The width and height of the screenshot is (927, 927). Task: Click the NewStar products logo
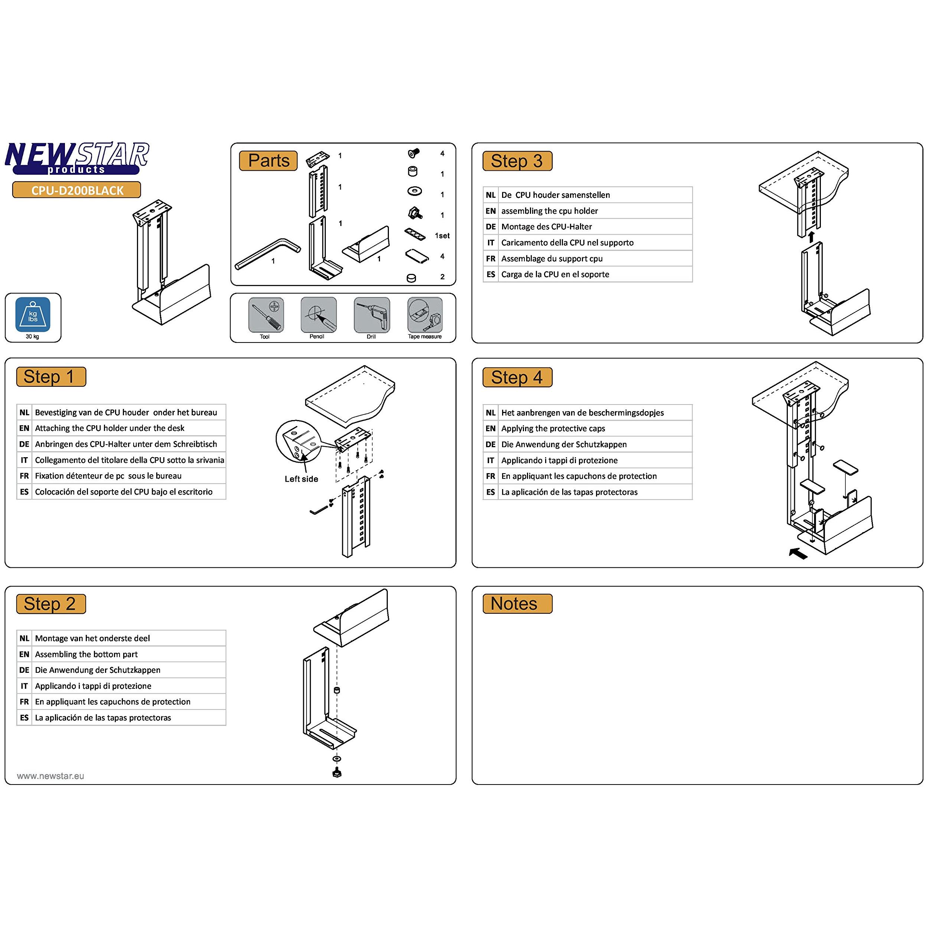point(77,158)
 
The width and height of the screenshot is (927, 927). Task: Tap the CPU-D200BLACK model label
point(77,190)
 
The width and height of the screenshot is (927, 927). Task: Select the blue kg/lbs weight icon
point(33,315)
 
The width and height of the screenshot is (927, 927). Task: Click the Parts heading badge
point(269,161)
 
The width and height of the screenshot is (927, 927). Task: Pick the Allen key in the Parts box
point(268,254)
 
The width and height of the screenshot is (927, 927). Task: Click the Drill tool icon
point(372,315)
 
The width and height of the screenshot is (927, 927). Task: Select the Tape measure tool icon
point(425,315)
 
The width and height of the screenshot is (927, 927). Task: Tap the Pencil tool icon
point(318,315)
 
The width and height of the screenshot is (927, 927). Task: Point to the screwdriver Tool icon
point(266,315)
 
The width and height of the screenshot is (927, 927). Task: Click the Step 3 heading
point(517,161)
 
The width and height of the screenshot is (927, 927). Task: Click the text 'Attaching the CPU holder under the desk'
point(109,428)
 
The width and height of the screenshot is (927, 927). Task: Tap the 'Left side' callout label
point(301,479)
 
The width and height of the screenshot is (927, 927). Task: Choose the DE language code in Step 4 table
point(490,444)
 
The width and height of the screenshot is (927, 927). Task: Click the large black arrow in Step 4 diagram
point(798,553)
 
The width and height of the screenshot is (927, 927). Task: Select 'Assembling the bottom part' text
point(86,654)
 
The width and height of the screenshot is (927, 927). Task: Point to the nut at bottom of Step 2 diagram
point(337,773)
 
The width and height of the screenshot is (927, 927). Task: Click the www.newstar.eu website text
point(50,776)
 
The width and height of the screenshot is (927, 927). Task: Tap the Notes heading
point(514,604)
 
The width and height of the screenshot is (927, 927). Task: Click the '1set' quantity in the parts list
point(442,236)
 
